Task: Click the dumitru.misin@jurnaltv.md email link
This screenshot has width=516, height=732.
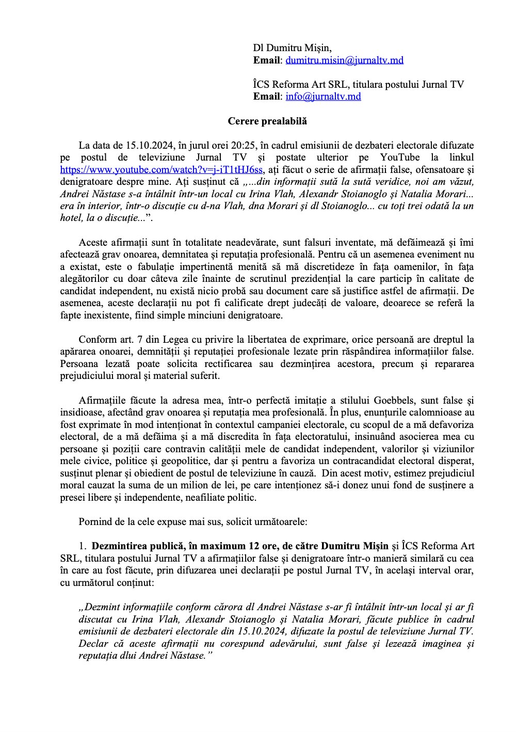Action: coord(344,60)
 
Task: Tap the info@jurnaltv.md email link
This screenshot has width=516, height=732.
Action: coord(323,97)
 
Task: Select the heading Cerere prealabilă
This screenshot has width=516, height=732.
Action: coord(267,121)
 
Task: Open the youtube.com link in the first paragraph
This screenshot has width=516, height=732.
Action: coord(162,169)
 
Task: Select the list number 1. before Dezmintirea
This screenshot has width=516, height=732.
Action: coord(82,546)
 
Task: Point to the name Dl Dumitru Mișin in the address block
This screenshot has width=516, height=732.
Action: coord(292,48)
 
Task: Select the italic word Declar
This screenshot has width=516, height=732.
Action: coord(92,644)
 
